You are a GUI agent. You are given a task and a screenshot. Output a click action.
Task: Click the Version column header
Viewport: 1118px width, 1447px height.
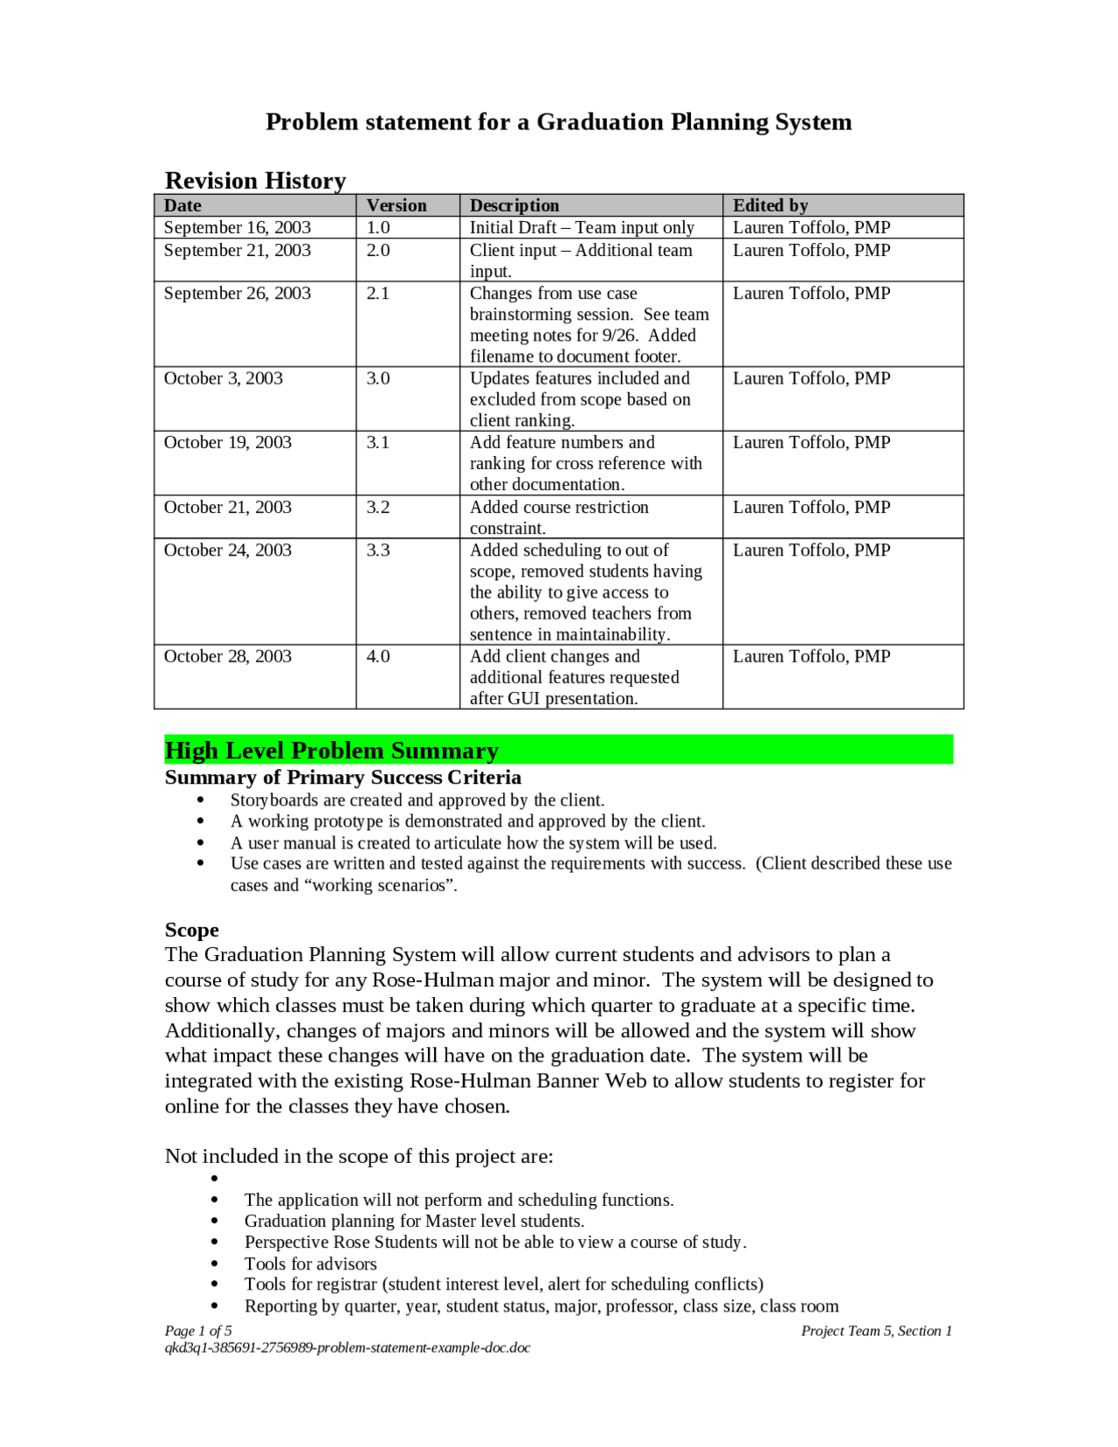(x=397, y=205)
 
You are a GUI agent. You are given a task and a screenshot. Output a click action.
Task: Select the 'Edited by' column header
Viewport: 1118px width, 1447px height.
(x=769, y=205)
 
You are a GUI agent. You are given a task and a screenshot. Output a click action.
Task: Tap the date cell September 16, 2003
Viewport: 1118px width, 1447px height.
(x=237, y=227)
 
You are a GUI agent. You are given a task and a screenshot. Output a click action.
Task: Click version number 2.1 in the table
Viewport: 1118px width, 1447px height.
(x=377, y=294)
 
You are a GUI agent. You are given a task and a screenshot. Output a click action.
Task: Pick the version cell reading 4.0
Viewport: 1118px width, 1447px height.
(x=377, y=656)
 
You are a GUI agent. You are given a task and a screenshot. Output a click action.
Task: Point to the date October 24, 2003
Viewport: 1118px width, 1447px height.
(x=227, y=550)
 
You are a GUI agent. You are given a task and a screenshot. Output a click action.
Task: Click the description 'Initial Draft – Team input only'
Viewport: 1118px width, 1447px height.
(x=582, y=227)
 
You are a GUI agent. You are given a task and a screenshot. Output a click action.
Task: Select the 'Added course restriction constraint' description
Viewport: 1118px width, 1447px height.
(x=559, y=517)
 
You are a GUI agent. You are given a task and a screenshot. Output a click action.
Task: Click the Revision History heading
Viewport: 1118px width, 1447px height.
(x=255, y=181)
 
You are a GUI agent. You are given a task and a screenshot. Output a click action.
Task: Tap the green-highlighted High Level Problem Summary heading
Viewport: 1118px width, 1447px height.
(x=331, y=751)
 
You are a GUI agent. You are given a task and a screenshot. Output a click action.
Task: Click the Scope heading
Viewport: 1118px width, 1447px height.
(x=191, y=930)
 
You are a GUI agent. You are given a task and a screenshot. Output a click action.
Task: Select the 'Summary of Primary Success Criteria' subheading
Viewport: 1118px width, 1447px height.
(x=342, y=778)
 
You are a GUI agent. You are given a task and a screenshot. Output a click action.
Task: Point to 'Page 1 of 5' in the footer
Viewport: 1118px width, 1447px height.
(x=198, y=1331)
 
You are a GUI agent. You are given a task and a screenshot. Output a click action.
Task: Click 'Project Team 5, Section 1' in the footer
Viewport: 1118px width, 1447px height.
(x=876, y=1331)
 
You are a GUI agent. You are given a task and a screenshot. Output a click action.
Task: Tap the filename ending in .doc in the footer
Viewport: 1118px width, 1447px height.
(x=347, y=1347)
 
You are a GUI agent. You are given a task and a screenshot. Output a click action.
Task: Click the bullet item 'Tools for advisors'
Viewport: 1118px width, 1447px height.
(x=310, y=1264)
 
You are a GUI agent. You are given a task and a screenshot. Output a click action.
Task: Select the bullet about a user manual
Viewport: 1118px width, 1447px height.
(x=473, y=843)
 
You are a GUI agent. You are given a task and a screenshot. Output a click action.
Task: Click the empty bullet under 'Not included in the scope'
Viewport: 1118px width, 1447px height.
(x=214, y=1179)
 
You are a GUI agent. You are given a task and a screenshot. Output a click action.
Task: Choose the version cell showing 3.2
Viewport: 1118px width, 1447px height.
(x=377, y=508)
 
